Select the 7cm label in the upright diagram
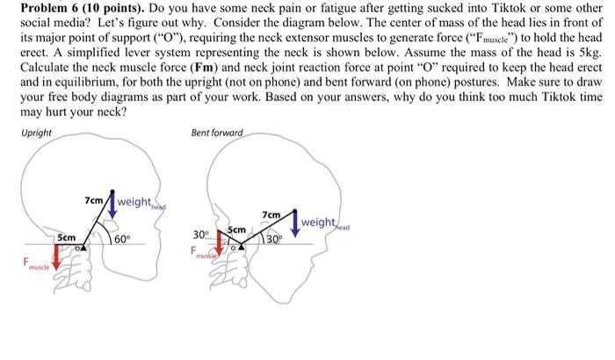94,200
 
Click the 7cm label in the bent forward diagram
272,214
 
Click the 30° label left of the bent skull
200,234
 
